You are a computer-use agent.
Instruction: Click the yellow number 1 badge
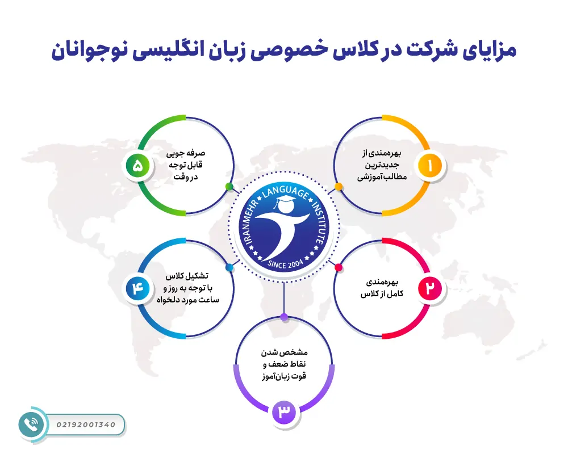[430, 166]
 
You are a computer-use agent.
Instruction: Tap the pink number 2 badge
[430, 288]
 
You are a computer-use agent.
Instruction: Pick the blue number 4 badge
[138, 288]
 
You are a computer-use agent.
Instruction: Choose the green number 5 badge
[138, 166]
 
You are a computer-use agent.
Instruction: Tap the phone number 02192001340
[86, 424]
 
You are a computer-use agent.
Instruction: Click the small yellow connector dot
[339, 186]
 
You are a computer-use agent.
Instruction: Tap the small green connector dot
[229, 186]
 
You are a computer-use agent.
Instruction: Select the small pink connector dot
[339, 267]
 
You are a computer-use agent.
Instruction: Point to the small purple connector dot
[284, 317]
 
